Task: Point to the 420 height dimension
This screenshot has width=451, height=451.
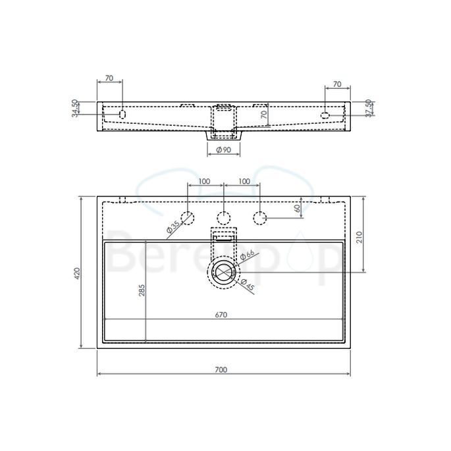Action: pos(77,272)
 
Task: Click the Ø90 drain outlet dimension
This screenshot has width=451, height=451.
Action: pos(223,150)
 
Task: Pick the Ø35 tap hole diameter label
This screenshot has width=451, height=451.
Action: pos(172,226)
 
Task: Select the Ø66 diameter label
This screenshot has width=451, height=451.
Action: pos(248,254)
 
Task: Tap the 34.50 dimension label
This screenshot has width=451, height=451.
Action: pos(74,108)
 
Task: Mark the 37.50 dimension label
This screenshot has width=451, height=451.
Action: pos(369,108)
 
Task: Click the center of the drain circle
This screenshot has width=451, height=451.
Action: pos(224,272)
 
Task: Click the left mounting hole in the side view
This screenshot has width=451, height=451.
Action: pos(122,115)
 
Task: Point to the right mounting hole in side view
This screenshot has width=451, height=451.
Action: pos(325,116)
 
